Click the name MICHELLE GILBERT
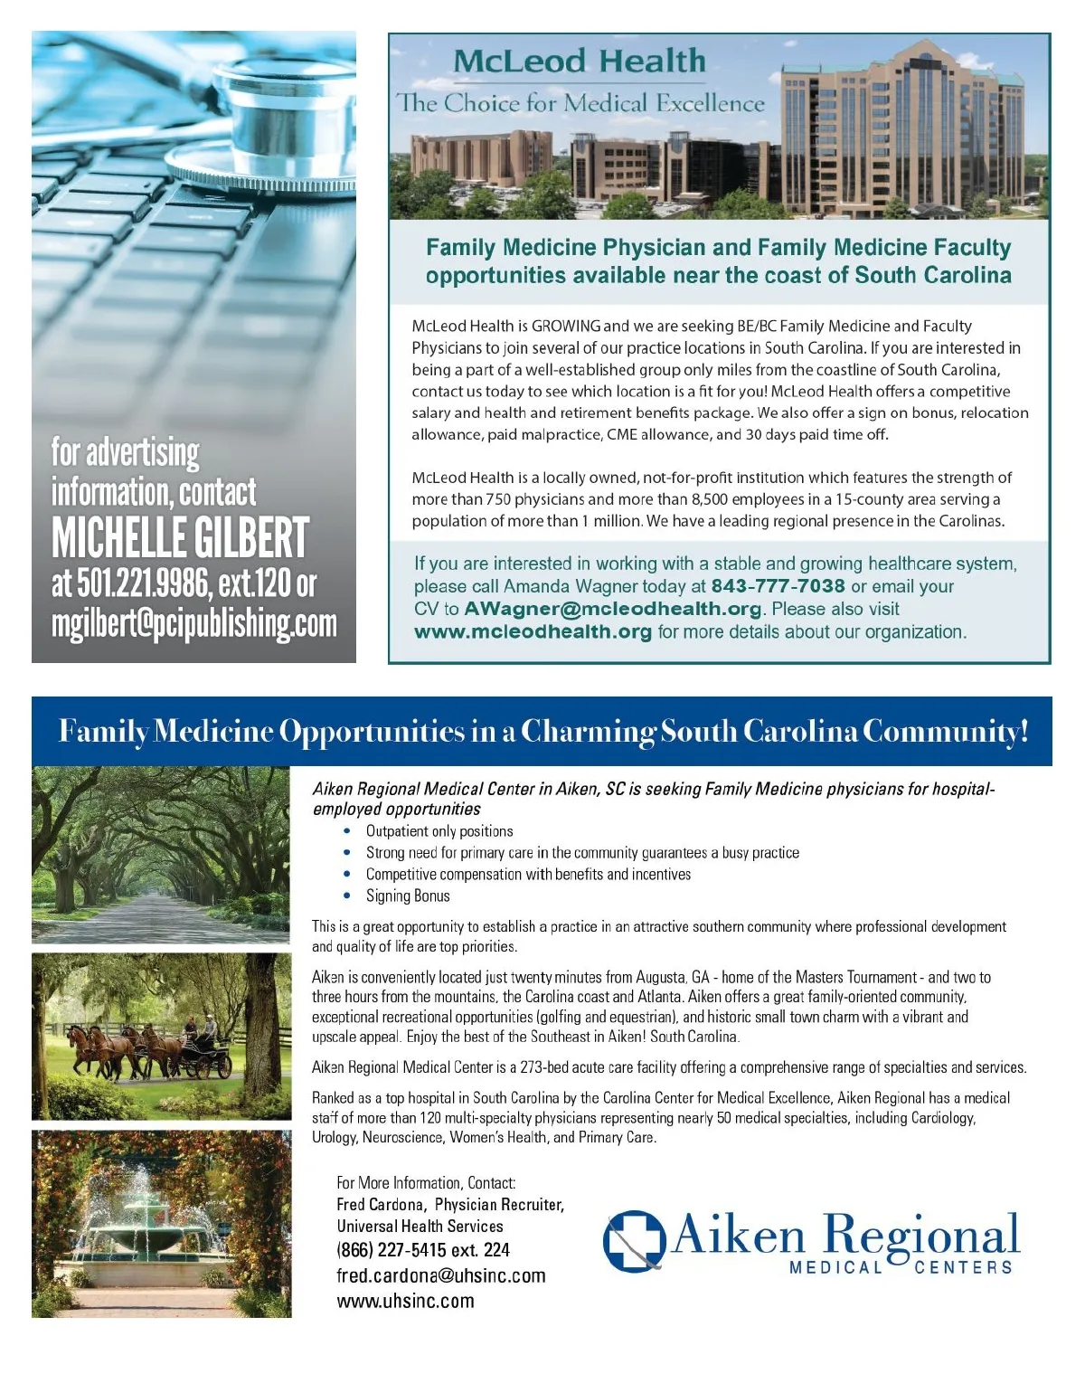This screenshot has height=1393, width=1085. click(180, 539)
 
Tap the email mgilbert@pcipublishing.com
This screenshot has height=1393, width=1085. click(193, 624)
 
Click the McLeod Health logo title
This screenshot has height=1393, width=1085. click(579, 62)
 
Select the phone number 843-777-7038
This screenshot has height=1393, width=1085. click(778, 586)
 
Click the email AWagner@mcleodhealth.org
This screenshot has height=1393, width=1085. click(613, 609)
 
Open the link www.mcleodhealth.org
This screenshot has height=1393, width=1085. click(533, 632)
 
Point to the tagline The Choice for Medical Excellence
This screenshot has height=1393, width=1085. click(580, 103)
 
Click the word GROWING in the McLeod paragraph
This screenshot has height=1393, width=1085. click(566, 326)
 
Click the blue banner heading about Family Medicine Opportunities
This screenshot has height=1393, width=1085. click(542, 731)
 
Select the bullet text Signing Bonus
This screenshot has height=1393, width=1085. click(408, 895)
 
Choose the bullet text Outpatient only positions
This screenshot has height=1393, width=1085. click(439, 831)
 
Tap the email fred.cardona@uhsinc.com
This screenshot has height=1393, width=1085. click(441, 1275)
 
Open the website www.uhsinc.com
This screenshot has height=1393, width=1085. click(405, 1301)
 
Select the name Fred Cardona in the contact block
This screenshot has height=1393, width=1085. click(380, 1205)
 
